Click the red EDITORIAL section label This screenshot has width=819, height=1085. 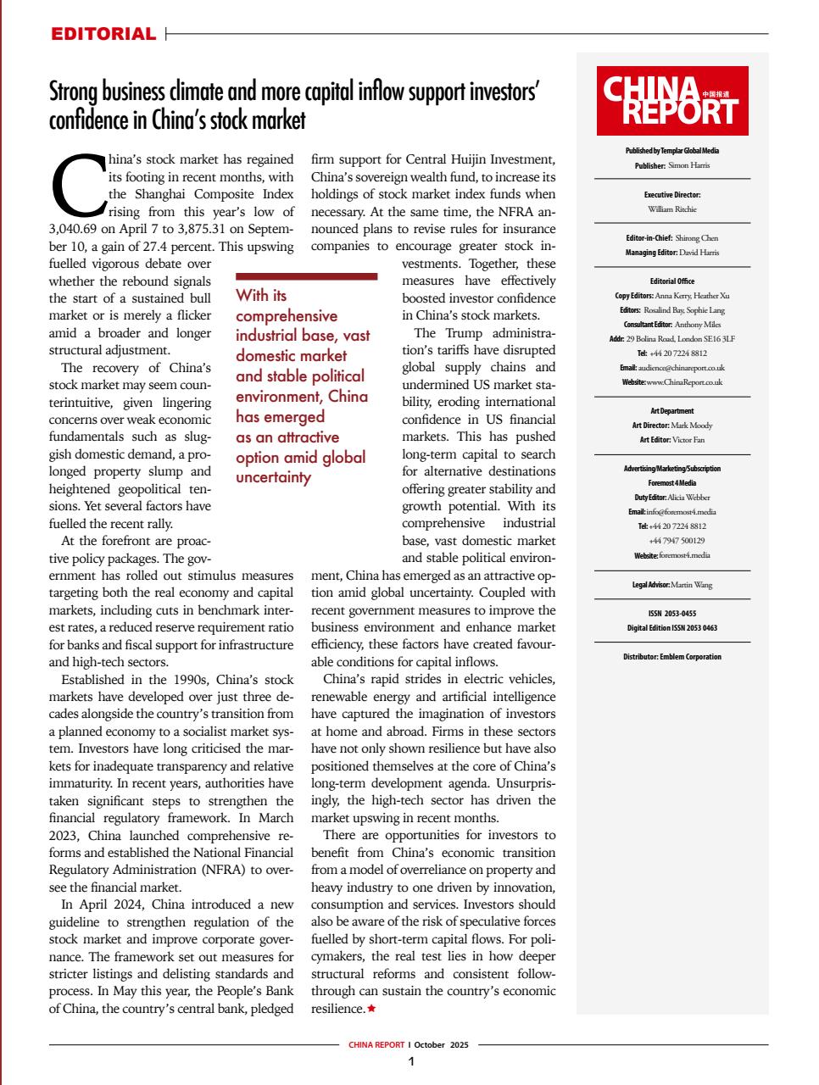click(x=103, y=35)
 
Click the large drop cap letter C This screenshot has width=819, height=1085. click(x=78, y=185)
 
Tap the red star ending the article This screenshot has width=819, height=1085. click(x=371, y=1009)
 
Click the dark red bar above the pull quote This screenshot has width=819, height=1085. click(x=306, y=276)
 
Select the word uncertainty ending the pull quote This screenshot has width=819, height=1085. click(x=273, y=477)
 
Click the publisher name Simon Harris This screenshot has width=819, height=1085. click(x=688, y=165)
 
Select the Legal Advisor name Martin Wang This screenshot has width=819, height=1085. click(x=693, y=585)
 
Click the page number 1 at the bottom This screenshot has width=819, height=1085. click(x=411, y=1061)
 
